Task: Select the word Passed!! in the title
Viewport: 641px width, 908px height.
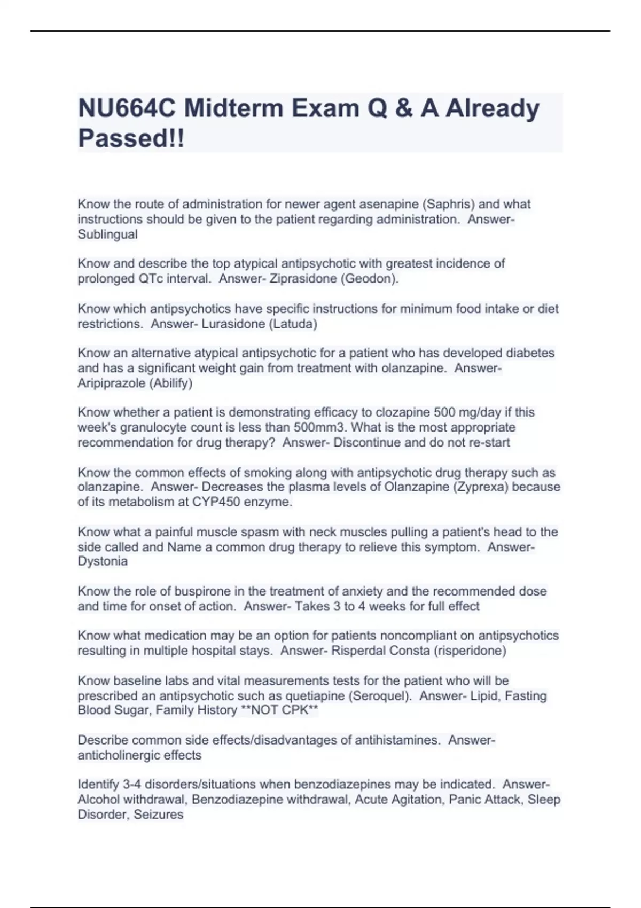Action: click(131, 138)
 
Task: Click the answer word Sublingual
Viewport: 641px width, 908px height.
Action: click(107, 234)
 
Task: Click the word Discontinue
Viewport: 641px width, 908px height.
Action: click(367, 442)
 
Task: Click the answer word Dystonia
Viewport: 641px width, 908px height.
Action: click(103, 561)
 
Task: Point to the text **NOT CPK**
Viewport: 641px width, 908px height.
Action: click(279, 710)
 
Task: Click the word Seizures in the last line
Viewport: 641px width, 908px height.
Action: click(158, 815)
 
